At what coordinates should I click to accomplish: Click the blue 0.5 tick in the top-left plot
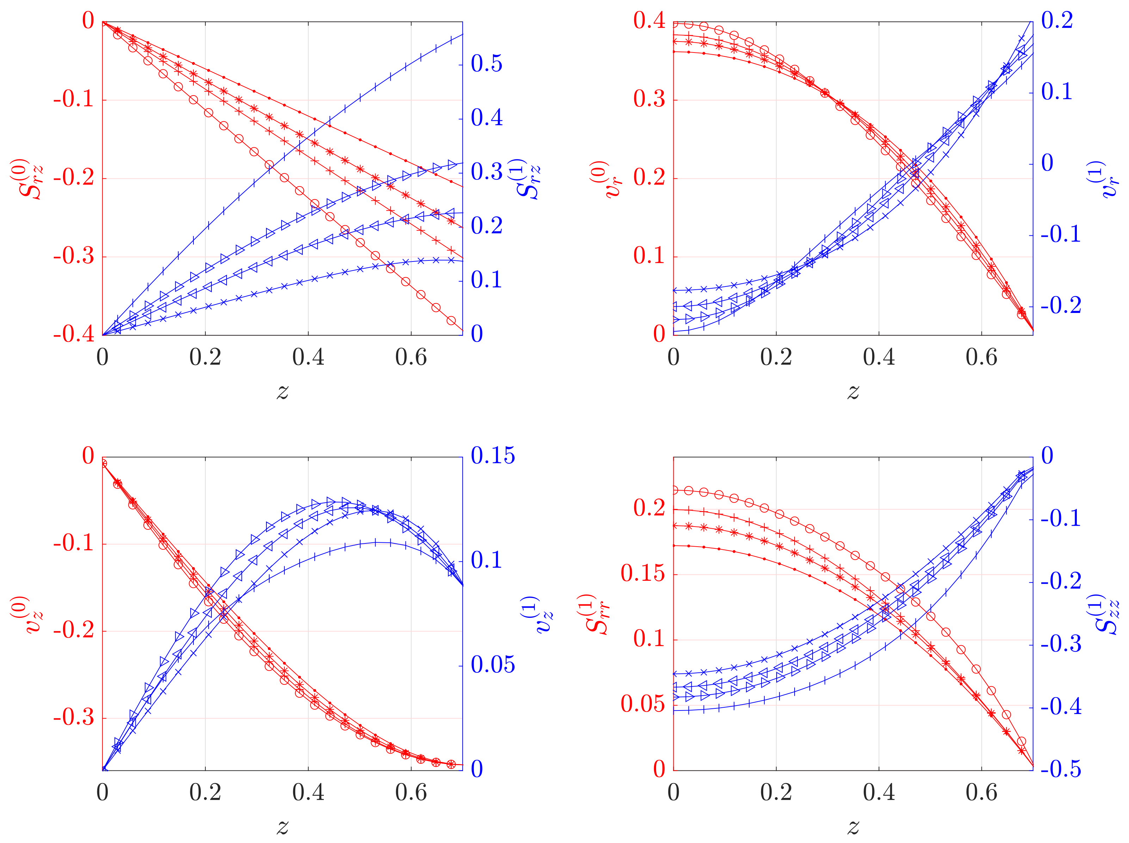click(x=486, y=64)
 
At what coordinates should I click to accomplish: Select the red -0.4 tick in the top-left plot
click(x=74, y=334)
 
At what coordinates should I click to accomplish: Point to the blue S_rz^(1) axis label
click(x=528, y=179)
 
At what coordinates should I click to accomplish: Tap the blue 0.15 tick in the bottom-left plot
click(x=492, y=456)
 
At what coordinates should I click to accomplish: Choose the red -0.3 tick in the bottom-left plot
click(x=74, y=718)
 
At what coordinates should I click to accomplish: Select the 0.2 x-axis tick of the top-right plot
click(x=776, y=358)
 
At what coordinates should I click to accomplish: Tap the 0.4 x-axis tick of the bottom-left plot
click(x=308, y=793)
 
